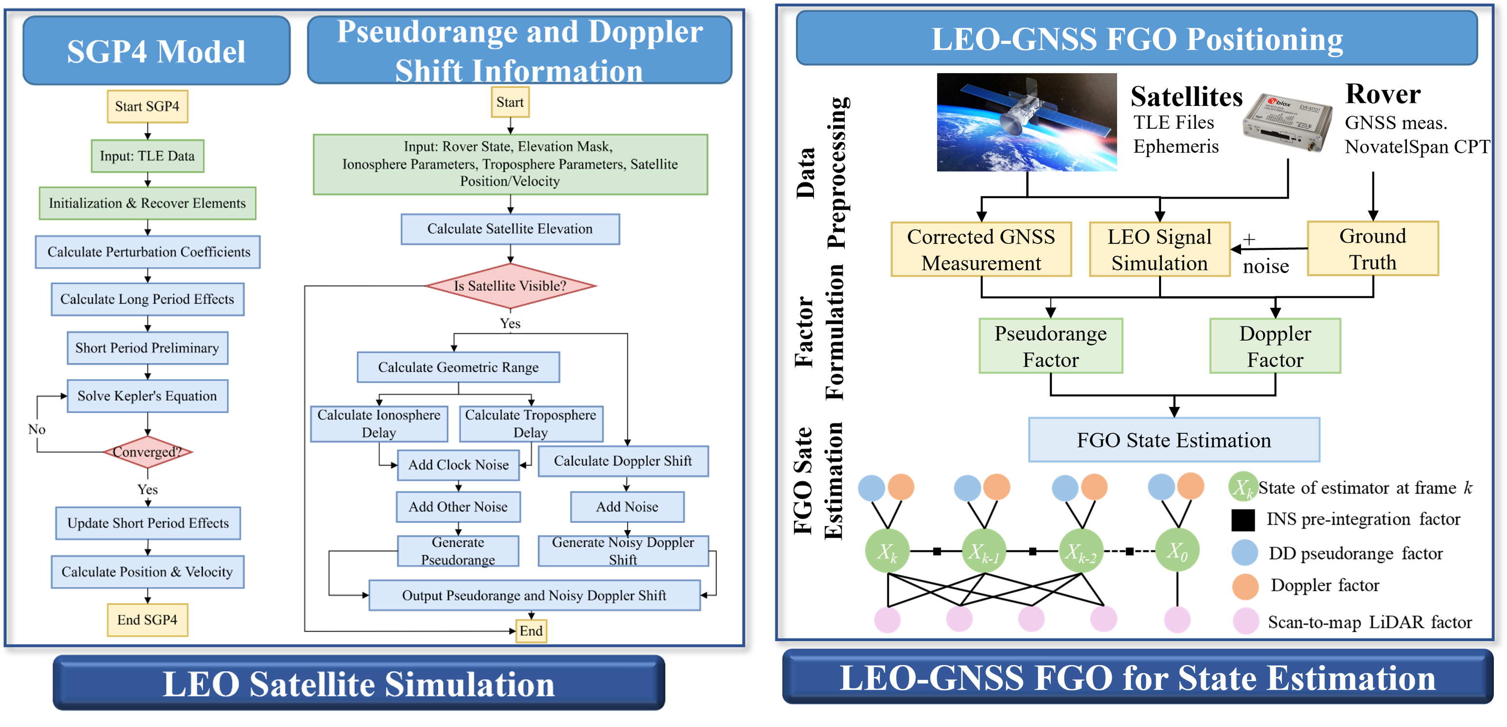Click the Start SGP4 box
pos(147,106)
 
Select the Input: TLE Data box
pos(147,156)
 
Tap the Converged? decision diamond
pos(147,451)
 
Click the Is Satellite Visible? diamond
pos(510,286)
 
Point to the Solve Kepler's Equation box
pos(147,396)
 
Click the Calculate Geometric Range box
pos(458,367)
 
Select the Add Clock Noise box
pos(458,465)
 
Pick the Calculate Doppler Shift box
pos(623,461)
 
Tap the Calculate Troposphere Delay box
pos(530,424)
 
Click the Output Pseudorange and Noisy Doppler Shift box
pos(534,595)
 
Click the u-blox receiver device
pos(1287,123)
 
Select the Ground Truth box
pos(1373,248)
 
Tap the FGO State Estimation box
pos(1174,440)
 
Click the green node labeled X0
pos(1177,550)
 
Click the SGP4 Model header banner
pos(156,51)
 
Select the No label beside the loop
pos(38,429)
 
